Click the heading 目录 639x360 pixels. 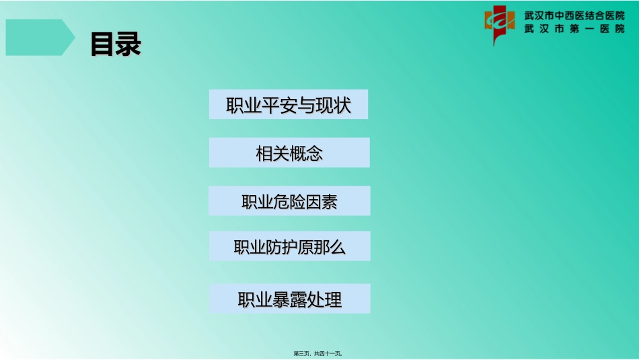116,44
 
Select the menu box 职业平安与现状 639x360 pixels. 289,105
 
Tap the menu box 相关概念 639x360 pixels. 289,153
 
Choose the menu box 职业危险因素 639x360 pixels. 289,201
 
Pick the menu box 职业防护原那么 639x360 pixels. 289,247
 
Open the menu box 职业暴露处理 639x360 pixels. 289,299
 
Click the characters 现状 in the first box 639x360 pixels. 334,106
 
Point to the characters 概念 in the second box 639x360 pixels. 306,154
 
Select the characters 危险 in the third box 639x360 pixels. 290,202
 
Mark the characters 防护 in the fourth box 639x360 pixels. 281,248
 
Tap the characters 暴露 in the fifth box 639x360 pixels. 290,299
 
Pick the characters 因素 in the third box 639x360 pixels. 322,202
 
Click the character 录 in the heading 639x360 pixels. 128,44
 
